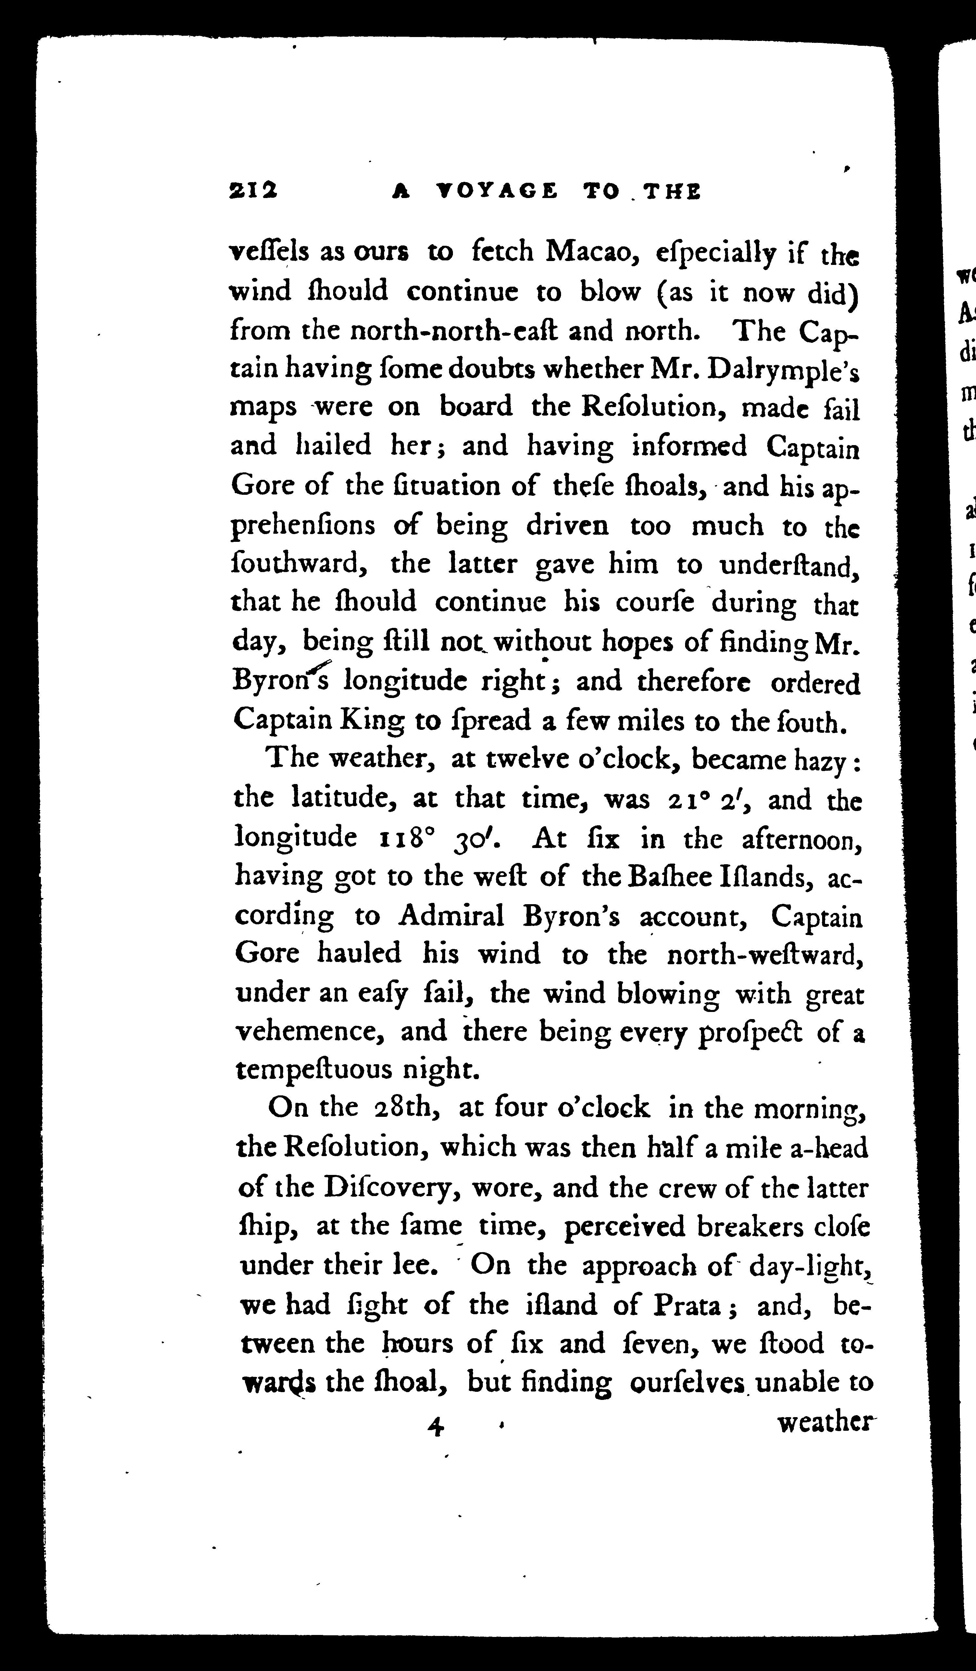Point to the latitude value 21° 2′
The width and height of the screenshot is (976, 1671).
708,800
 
